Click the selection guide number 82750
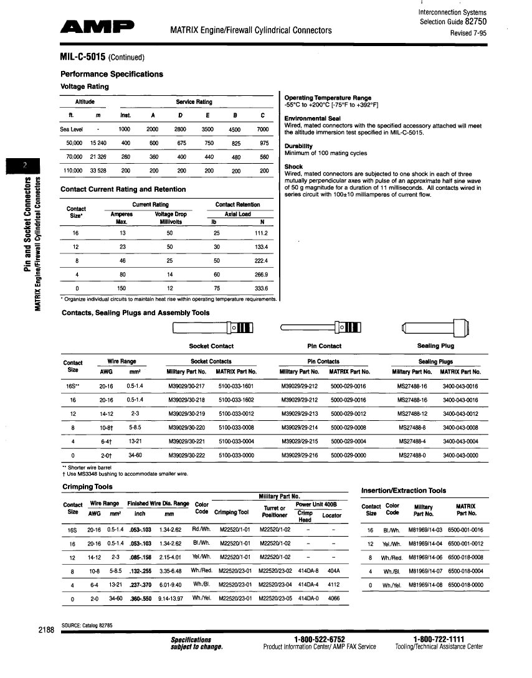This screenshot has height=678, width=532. coord(475,21)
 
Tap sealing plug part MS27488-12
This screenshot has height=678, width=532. coord(412,413)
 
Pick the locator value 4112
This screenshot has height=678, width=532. coord(333,585)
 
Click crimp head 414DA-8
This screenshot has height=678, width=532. coord(308,570)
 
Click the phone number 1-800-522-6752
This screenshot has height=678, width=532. coord(319,639)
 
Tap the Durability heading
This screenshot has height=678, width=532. coord(298,146)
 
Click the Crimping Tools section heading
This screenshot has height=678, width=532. coord(87,486)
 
